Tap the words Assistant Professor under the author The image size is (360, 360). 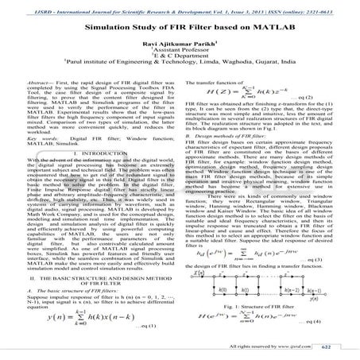(x=180, y=54)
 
